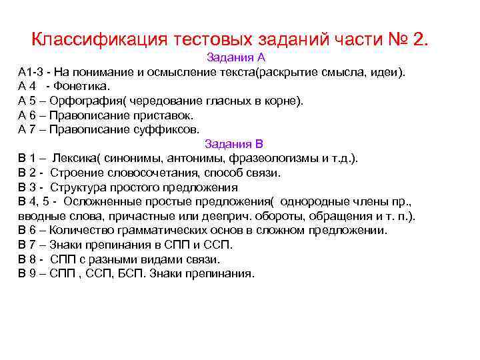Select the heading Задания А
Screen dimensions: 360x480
tap(236, 57)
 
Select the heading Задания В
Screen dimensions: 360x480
tap(234, 143)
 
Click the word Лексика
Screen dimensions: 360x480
tap(73, 158)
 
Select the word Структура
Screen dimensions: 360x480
tap(75, 187)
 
